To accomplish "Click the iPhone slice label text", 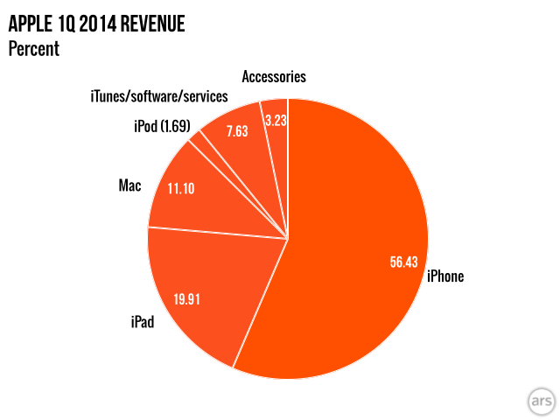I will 444,276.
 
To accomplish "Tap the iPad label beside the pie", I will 136,323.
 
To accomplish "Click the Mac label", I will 129,186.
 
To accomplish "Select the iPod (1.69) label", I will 162,127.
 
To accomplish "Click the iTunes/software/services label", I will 158,95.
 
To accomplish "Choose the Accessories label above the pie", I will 274,76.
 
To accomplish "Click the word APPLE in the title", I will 29,24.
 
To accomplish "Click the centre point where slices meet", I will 288,237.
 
